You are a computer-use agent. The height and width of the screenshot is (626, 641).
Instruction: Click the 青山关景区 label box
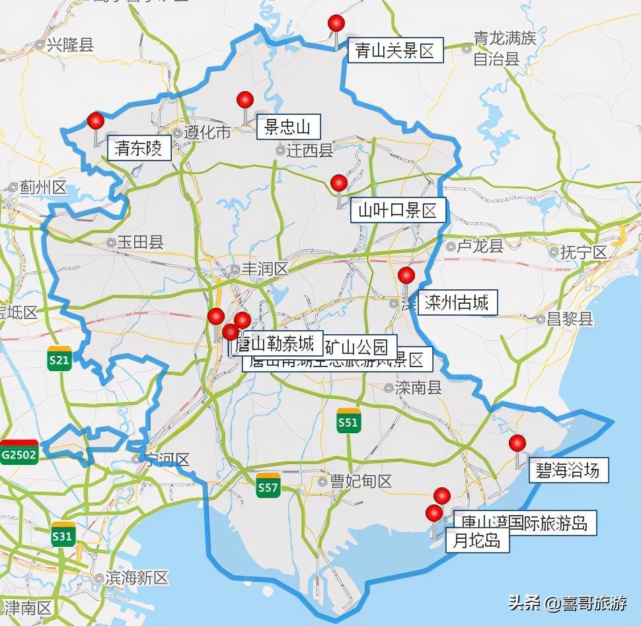(395, 51)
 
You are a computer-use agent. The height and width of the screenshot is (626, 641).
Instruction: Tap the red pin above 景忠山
(245, 100)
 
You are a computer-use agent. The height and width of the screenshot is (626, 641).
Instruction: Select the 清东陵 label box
(139, 149)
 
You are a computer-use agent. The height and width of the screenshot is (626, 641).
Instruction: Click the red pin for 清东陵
(96, 122)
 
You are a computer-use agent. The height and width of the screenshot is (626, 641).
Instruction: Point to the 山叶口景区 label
(398, 211)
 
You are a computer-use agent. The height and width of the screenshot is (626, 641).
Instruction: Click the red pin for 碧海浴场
(517, 443)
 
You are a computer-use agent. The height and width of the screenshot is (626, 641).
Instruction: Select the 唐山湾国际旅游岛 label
(524, 523)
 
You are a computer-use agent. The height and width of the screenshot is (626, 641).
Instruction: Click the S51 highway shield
(348, 421)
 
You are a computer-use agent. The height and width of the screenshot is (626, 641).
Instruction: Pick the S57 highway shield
(268, 486)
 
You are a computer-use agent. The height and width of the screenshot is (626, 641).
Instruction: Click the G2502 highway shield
(19, 453)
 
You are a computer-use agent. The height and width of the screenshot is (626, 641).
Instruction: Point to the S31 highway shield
(62, 535)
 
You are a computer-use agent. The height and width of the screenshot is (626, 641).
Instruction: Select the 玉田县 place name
(139, 242)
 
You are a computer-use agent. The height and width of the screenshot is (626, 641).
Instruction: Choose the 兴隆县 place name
(69, 45)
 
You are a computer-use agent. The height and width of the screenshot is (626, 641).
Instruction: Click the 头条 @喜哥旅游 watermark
(567, 604)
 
